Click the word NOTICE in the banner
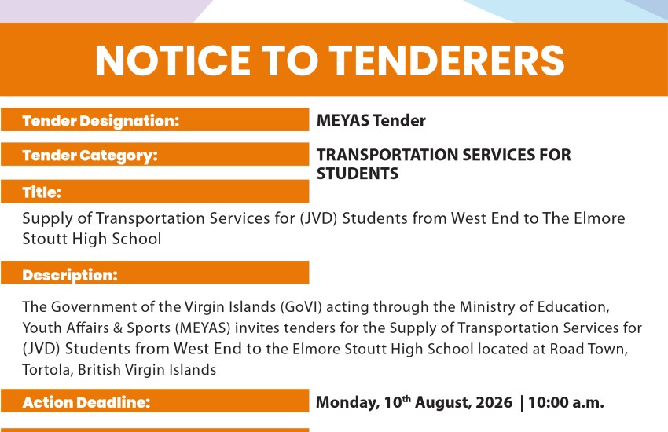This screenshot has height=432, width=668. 173,60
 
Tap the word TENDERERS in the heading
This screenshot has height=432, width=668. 447,60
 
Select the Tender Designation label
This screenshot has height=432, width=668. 101,121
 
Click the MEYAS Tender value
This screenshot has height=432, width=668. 371,120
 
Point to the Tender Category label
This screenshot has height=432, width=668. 90,156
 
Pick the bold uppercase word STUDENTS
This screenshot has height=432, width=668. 358,174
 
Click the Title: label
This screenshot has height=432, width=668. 42,192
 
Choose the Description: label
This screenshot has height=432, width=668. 70,275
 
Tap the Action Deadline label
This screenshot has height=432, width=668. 86,402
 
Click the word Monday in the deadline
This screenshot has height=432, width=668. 347,403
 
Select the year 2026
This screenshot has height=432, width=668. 494,402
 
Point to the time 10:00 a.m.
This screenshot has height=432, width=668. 566,402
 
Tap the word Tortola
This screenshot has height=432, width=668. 48,369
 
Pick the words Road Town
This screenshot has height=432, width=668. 589,349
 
